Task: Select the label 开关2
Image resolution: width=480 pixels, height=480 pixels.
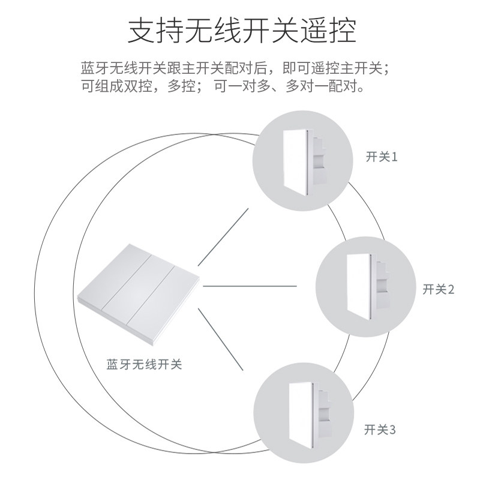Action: click(439, 290)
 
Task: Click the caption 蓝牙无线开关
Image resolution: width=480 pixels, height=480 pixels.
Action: click(143, 364)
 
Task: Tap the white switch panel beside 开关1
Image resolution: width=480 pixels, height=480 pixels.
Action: click(295, 160)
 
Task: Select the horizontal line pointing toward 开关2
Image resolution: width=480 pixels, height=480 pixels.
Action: click(250, 286)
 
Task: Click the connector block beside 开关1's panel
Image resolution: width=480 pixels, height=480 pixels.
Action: click(319, 160)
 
